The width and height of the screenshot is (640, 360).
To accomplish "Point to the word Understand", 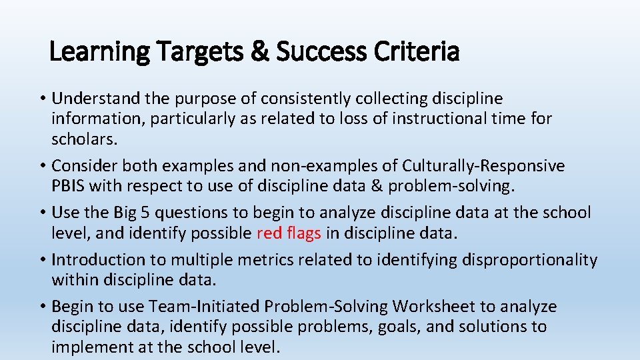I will click(x=96, y=99).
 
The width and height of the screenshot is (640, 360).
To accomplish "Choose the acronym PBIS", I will click(x=69, y=185).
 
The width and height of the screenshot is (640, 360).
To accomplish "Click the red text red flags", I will click(x=289, y=233).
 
